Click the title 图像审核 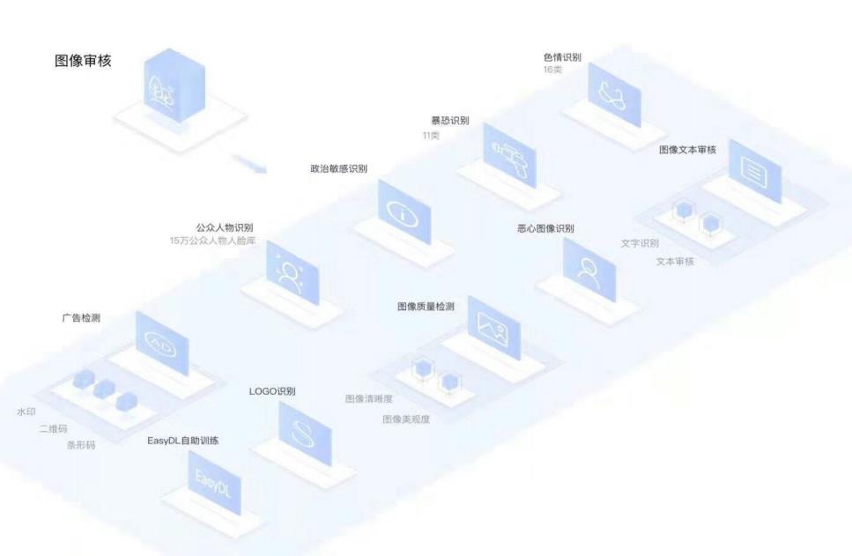point(83,62)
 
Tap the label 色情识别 point(562,57)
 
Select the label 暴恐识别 point(449,121)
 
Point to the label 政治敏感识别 point(338,168)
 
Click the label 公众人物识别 point(225,227)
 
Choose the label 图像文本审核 point(687,150)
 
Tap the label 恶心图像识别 point(545,229)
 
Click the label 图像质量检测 point(426,307)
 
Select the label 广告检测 point(80,318)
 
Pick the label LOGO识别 point(272,391)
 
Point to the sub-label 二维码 point(53,429)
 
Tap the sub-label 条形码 point(81,446)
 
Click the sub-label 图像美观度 point(406,419)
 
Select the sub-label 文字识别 point(640,243)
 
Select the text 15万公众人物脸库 point(213,241)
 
